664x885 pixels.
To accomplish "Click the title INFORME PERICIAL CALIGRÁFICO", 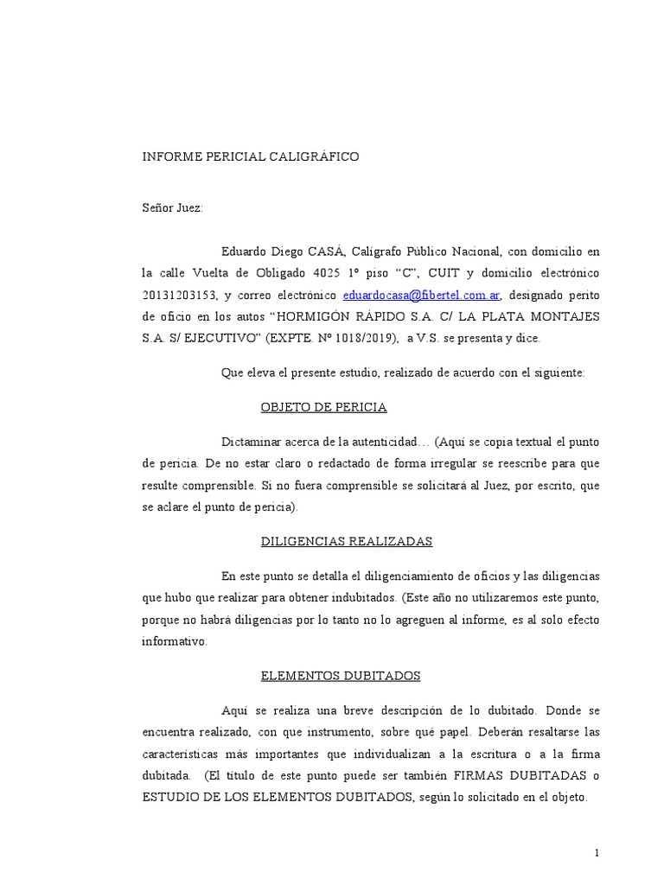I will click(250, 157).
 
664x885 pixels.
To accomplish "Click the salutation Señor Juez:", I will click(173, 208).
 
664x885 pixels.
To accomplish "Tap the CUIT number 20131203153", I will click(177, 295).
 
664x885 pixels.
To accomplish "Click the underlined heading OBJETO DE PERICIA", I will click(323, 407).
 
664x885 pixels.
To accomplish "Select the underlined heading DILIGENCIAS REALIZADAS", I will click(346, 542).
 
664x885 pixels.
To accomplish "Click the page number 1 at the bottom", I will click(596, 854).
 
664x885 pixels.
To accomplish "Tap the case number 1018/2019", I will click(364, 339).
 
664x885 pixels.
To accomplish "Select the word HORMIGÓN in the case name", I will click(316, 317).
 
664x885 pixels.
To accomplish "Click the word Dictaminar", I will click(252, 442).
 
